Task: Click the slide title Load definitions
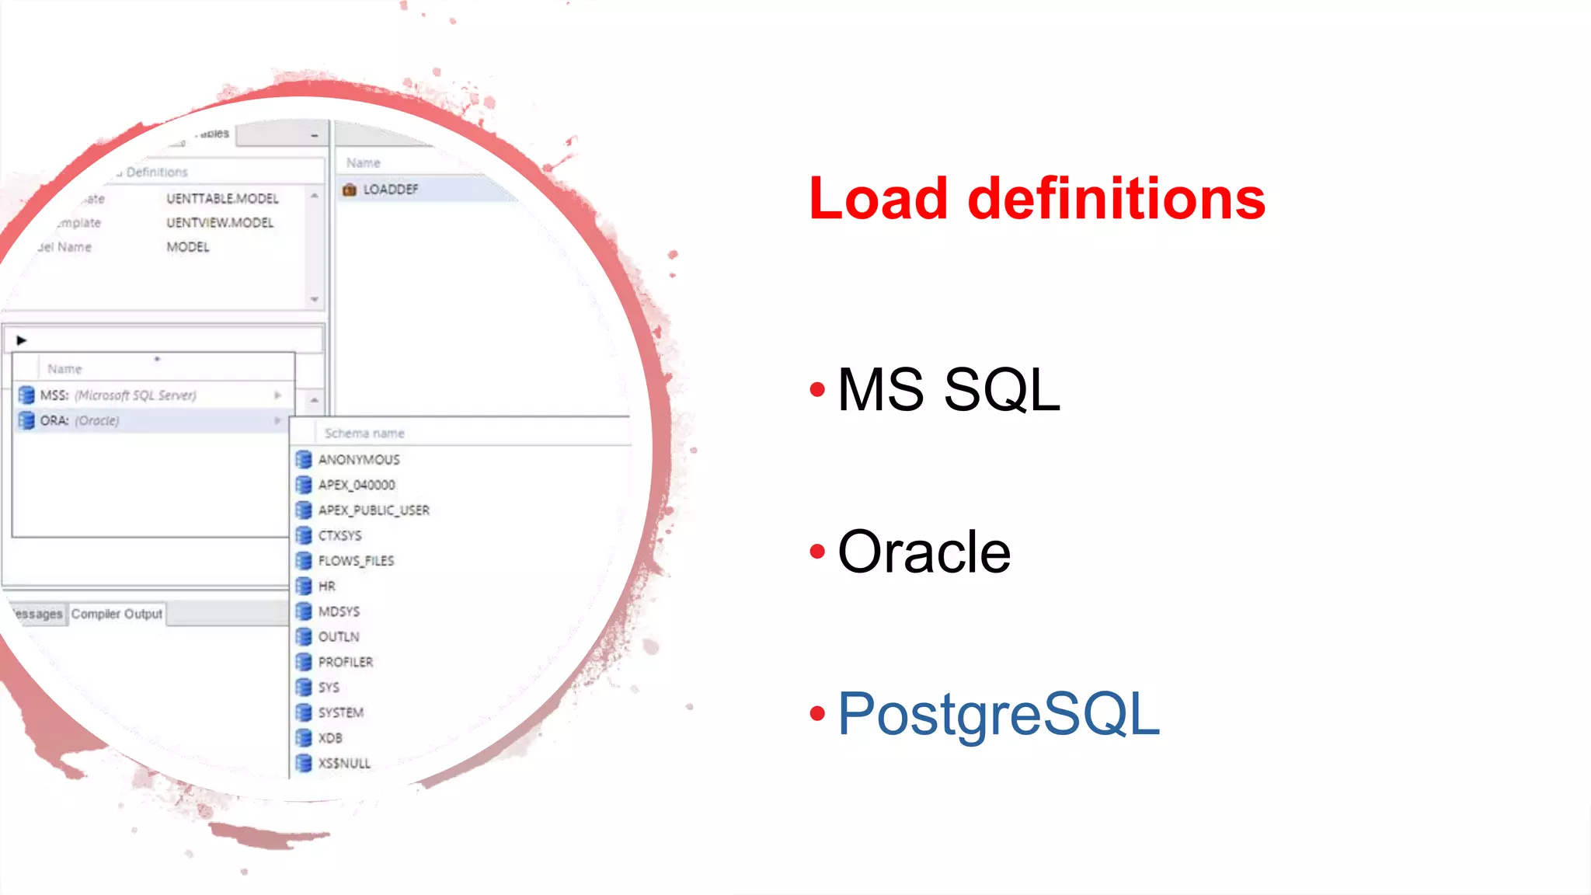coord(1036,199)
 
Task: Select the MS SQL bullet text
coord(949,389)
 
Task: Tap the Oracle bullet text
coord(924,552)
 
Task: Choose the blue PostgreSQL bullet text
coord(998,714)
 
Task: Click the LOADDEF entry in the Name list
coord(390,190)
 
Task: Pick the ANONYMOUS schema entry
coord(359,460)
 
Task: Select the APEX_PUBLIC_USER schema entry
coord(374,510)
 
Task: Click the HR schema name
coord(327,587)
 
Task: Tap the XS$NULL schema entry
coord(344,764)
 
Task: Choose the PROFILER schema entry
coord(346,662)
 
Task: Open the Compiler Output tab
coord(117,614)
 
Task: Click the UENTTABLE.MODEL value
coord(222,199)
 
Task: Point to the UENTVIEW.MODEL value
coord(220,223)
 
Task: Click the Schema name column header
coord(364,434)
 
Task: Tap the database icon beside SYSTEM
coord(304,712)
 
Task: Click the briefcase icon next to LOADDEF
coord(350,190)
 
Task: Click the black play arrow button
coord(22,340)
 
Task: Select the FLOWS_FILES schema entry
coord(356,561)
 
